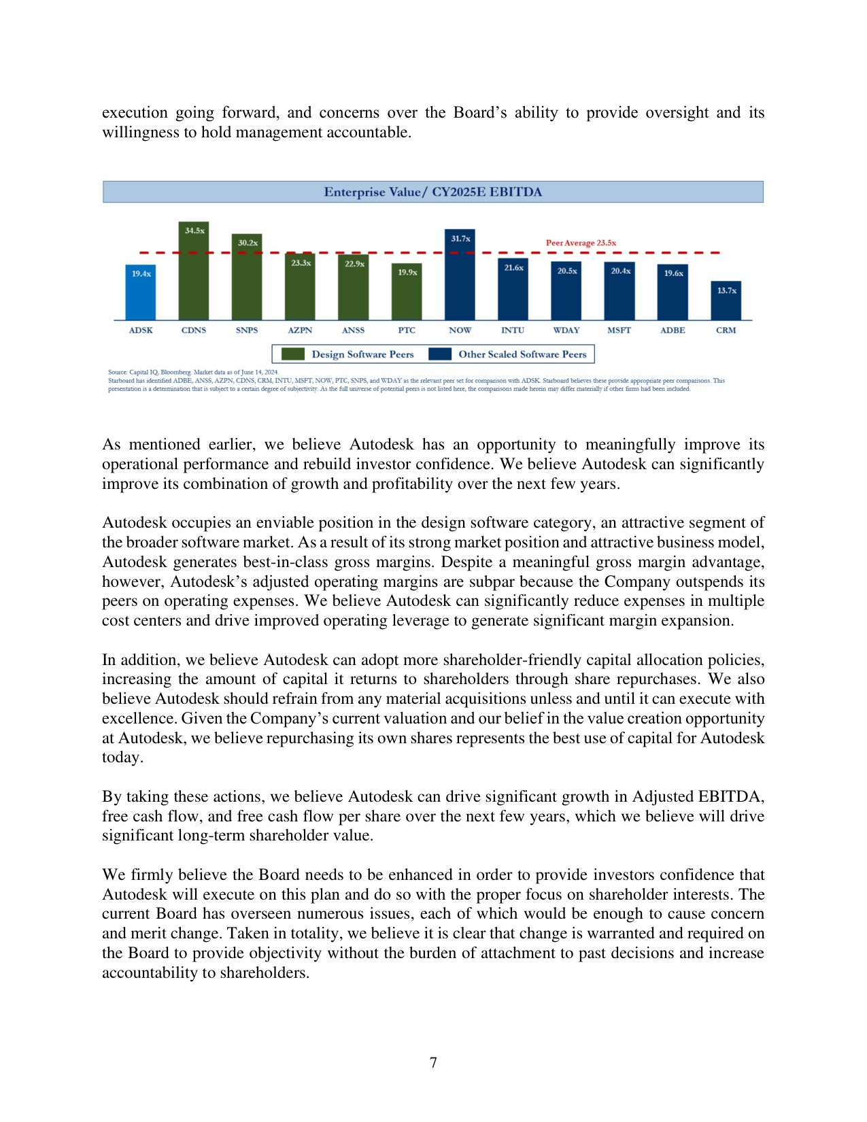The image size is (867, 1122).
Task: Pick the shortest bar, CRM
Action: [x=726, y=303]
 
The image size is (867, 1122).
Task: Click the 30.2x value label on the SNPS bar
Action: [x=248, y=243]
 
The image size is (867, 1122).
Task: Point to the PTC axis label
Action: [x=407, y=330]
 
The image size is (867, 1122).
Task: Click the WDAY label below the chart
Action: [x=566, y=330]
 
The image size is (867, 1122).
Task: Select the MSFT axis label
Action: [x=619, y=330]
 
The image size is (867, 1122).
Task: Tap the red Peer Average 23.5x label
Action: [x=581, y=243]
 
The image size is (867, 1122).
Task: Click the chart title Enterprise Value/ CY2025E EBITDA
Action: [x=432, y=192]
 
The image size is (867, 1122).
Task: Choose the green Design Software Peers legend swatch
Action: [x=293, y=354]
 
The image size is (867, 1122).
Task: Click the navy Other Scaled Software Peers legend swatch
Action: [x=440, y=354]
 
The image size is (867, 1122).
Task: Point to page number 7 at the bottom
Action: [x=433, y=1062]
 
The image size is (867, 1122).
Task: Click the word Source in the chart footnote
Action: [x=116, y=372]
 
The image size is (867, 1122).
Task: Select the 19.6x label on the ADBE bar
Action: [x=673, y=273]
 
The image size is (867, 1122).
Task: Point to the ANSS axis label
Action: [x=353, y=330]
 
